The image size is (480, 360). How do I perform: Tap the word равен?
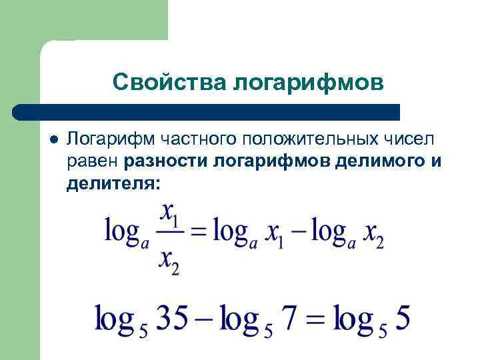coord(93,161)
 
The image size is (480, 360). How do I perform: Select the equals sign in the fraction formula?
coord(199,232)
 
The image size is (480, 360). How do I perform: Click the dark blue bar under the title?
coord(207,112)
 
